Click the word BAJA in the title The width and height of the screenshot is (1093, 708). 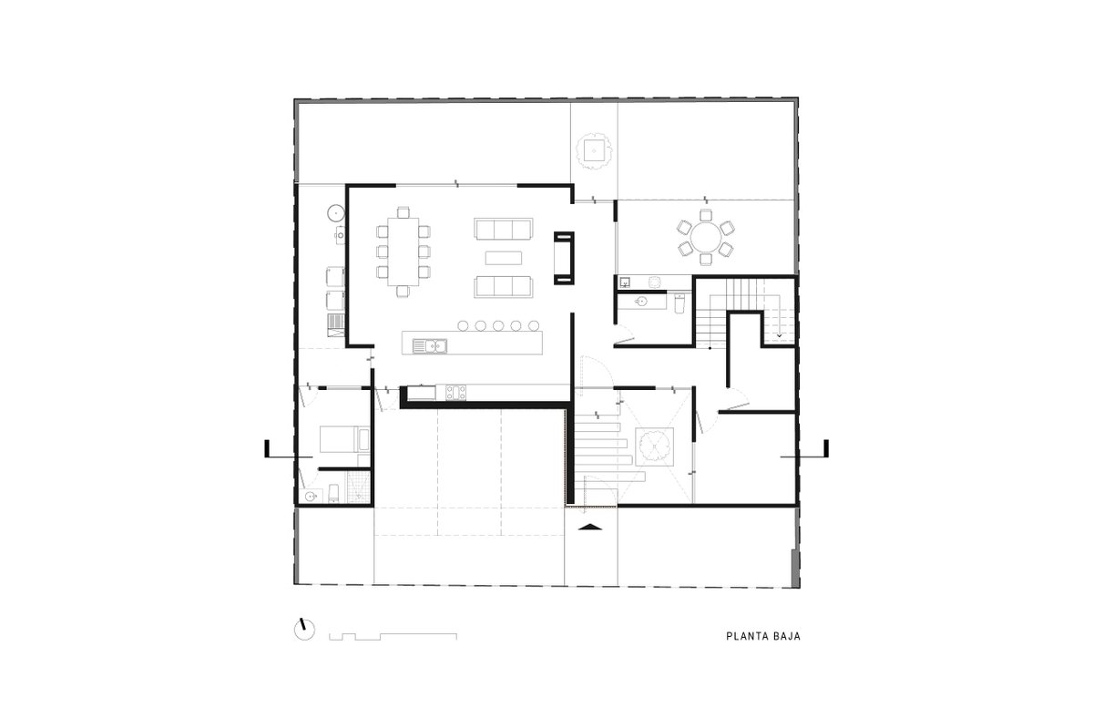coord(787,636)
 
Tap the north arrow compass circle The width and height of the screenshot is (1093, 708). coord(304,630)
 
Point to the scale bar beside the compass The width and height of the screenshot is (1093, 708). coord(393,636)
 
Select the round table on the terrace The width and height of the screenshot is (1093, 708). coord(706,237)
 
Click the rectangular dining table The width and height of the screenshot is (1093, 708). coord(403,251)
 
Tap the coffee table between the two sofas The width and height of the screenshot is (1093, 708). coord(504,258)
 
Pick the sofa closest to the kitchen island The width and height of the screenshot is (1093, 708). coord(503,287)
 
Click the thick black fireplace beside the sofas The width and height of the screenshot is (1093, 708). coord(564,258)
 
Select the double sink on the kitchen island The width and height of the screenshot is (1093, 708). coord(429,346)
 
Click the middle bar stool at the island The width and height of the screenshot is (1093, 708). coord(498,325)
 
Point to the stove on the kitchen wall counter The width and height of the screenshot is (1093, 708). coord(455,393)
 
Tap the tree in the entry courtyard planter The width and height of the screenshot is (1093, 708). coord(654,447)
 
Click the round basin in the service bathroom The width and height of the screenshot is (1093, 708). coord(311,497)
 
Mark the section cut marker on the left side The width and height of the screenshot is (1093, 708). coord(289,449)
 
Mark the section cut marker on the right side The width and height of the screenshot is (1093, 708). coord(804,449)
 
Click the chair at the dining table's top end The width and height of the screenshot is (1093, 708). coord(403,212)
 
